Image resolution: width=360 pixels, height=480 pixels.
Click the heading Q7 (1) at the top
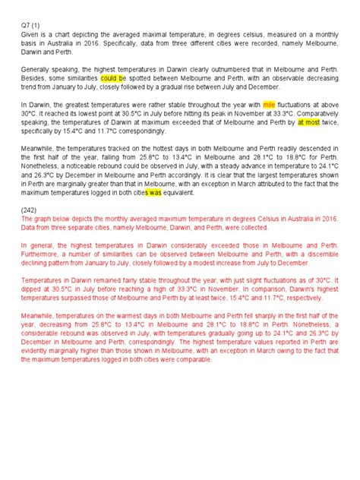click(x=31, y=26)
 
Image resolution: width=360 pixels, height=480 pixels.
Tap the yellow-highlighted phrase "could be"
click(x=113, y=77)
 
